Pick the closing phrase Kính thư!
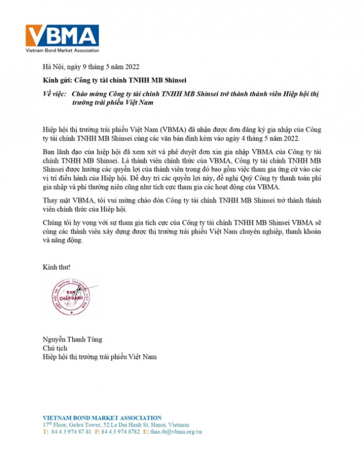[57, 267]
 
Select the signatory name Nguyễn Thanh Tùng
[68, 339]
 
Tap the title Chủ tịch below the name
[56, 348]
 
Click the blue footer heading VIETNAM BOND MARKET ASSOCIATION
[102, 417]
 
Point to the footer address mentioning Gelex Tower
[116, 424]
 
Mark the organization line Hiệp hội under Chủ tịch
[99, 357]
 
